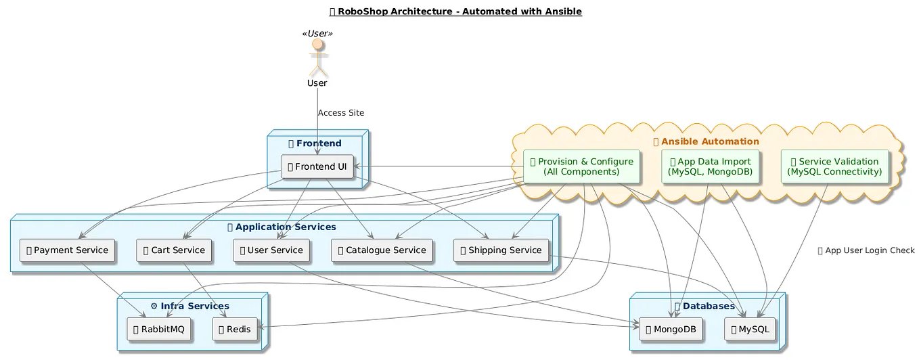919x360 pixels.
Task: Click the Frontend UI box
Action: coord(317,166)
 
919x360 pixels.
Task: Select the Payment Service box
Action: coord(67,250)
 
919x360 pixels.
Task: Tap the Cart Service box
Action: coord(175,250)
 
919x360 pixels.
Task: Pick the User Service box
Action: coord(271,250)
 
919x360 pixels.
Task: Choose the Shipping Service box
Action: coord(501,250)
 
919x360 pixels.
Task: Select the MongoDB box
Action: coord(671,330)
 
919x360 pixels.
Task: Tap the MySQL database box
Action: coord(750,330)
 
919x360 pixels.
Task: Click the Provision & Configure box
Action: coord(581,166)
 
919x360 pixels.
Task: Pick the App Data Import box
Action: coord(710,166)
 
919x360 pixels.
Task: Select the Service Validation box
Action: coord(834,166)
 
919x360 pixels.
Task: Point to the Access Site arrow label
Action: coord(340,113)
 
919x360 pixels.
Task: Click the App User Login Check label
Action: coord(866,250)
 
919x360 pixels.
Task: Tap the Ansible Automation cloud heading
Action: coord(706,141)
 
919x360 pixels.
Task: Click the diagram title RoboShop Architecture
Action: coord(455,12)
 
